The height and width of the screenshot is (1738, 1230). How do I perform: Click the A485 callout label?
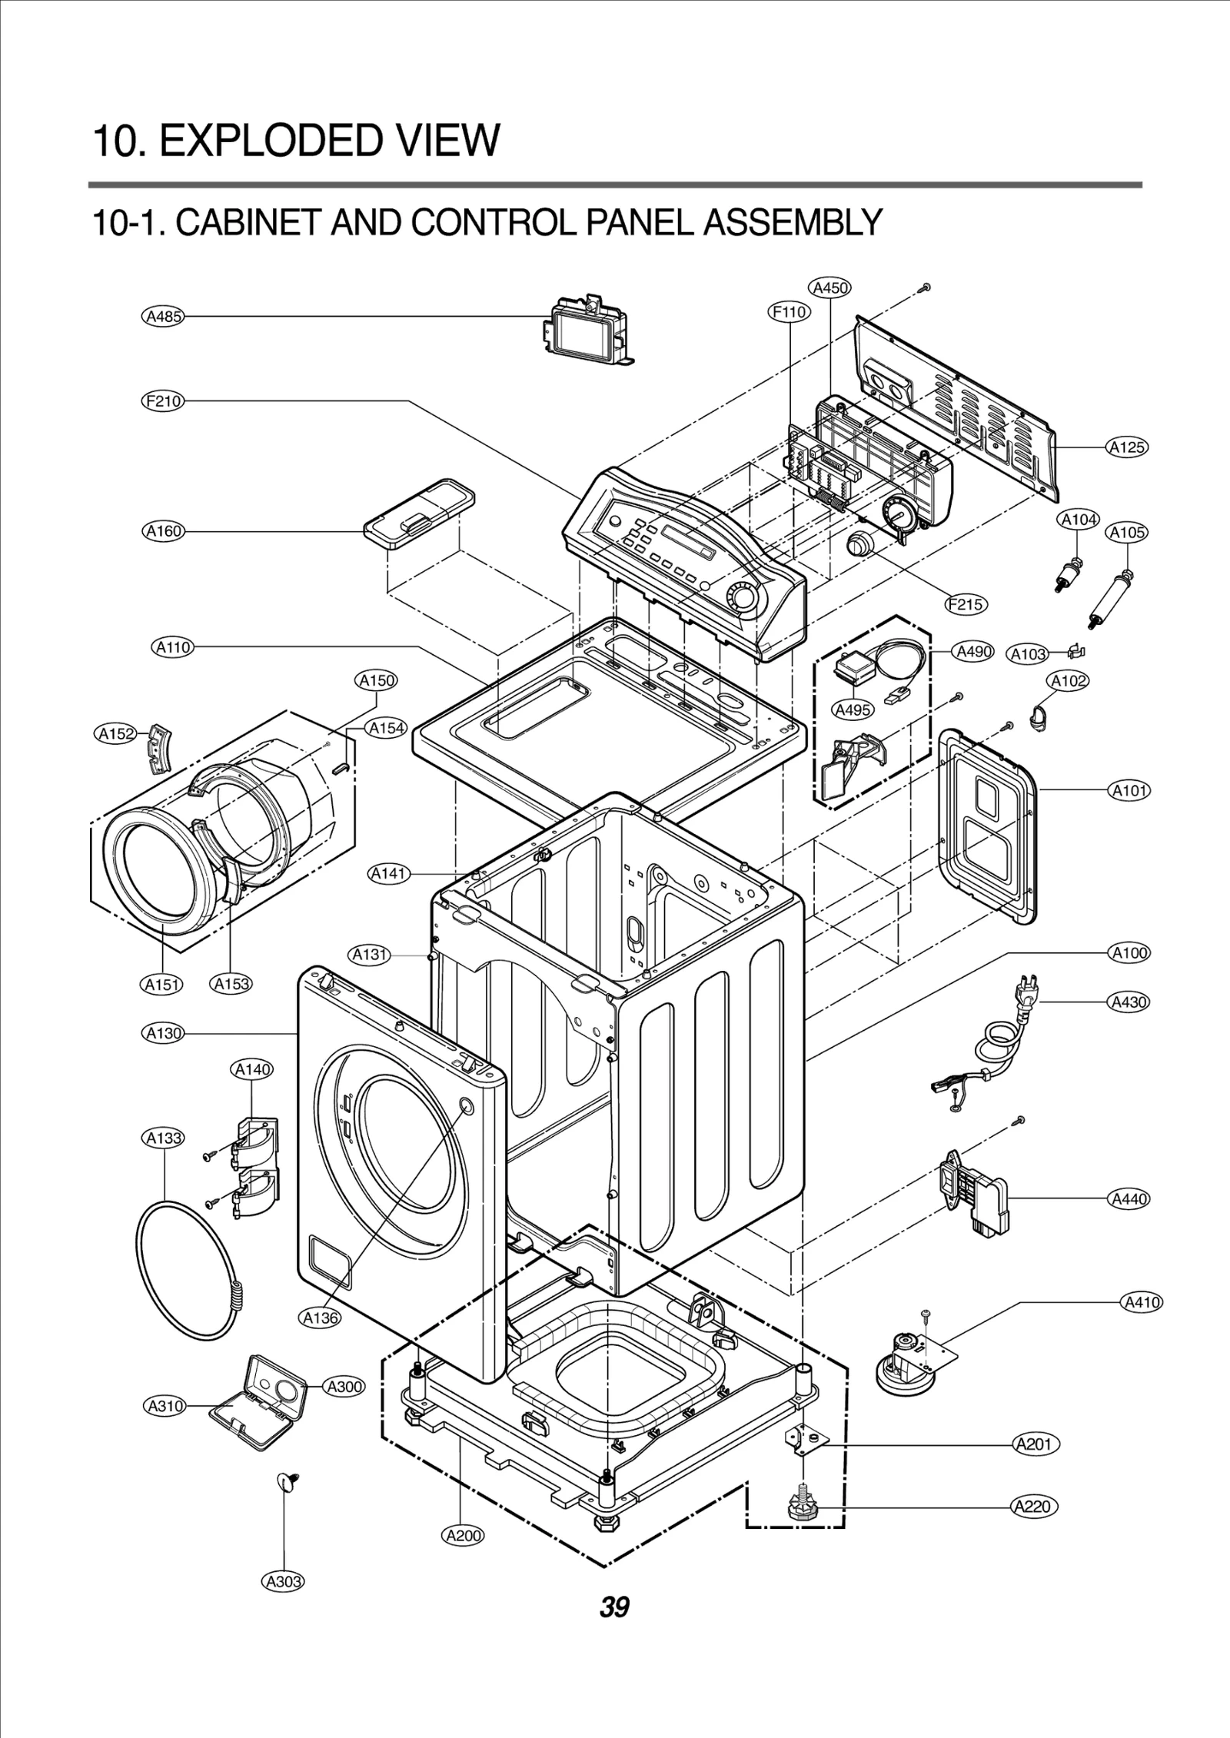163,316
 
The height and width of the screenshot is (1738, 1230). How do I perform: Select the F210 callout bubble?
163,400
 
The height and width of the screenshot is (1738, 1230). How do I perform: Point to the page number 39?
614,1628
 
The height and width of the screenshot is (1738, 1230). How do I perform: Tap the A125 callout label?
1127,447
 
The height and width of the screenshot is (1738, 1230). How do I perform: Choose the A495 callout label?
853,709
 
